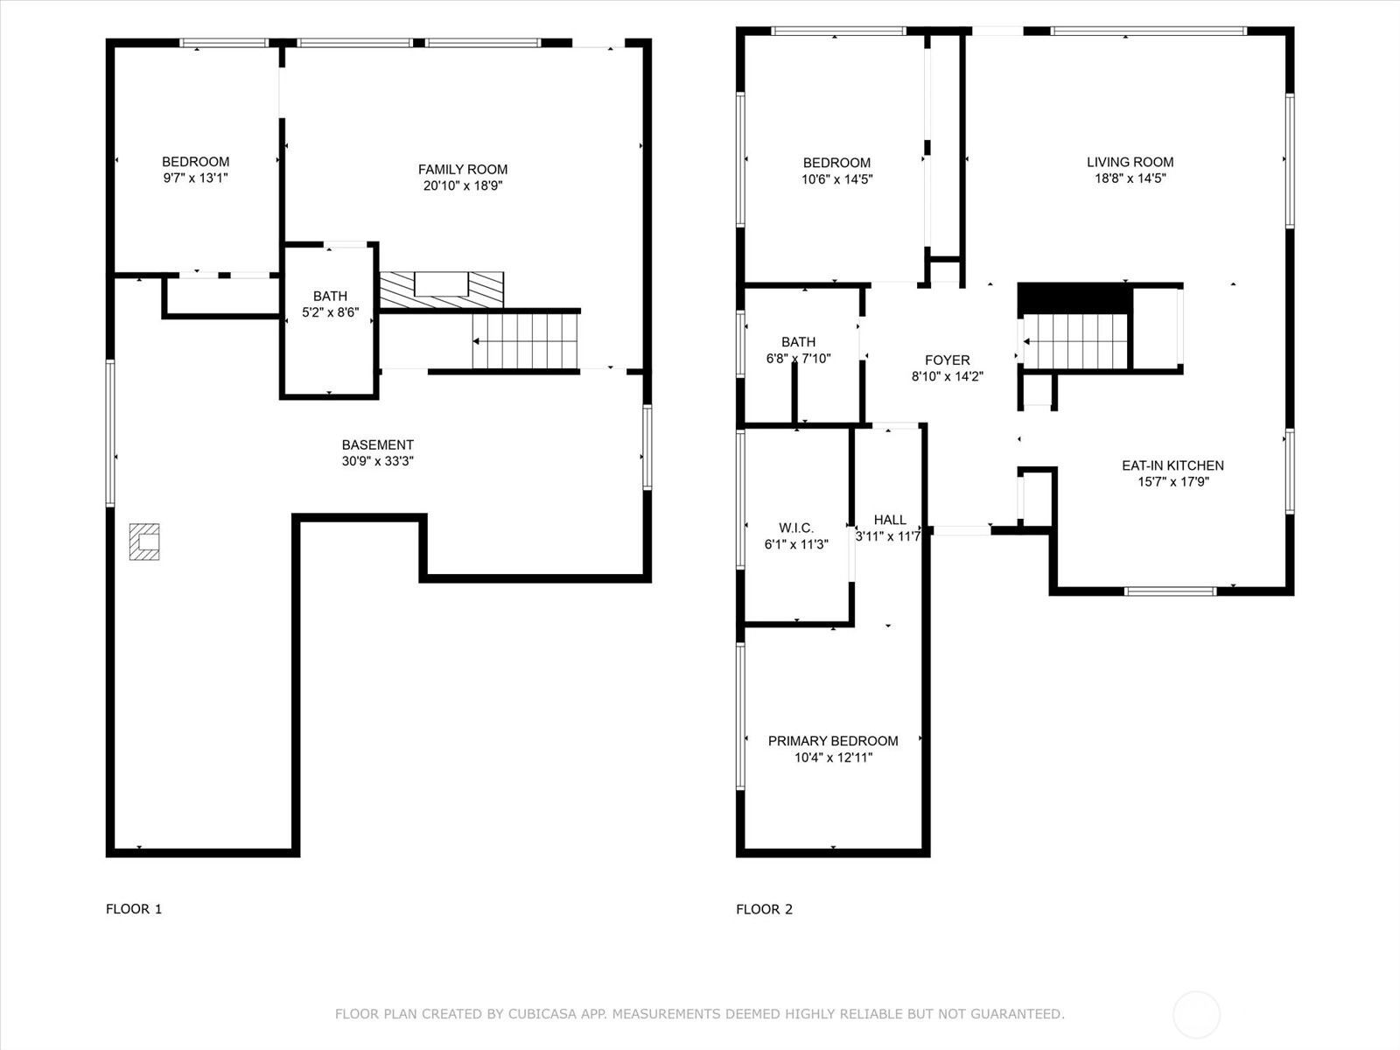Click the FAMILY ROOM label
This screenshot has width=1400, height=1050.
pos(462,170)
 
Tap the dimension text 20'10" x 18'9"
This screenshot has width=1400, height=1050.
pos(462,185)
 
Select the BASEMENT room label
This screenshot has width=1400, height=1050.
pos(378,445)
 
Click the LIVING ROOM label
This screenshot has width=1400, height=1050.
pos(1130,162)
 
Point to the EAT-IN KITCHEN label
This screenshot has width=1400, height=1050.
pos(1173,465)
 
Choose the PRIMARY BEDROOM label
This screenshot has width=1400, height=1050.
pos(833,741)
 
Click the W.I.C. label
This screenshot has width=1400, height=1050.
pos(796,528)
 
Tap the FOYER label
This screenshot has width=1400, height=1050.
pos(947,360)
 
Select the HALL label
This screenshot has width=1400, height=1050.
pos(890,520)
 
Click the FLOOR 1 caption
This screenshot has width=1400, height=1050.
pos(134,909)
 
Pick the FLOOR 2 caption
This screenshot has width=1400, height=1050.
pos(764,909)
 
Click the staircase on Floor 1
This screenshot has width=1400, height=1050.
pos(525,341)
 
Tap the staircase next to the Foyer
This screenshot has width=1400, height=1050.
pos(1074,342)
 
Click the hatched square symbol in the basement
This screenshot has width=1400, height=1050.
pos(144,542)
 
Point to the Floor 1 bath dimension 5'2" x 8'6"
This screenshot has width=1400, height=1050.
pos(331,312)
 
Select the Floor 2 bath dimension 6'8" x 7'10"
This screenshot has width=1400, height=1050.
pos(799,358)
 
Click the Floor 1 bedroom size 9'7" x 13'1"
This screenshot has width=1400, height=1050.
pos(196,178)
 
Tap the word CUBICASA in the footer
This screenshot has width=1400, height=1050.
pos(540,1013)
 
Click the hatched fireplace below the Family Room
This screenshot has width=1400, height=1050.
pos(441,290)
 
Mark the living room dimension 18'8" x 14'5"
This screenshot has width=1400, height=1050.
pos(1130,178)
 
